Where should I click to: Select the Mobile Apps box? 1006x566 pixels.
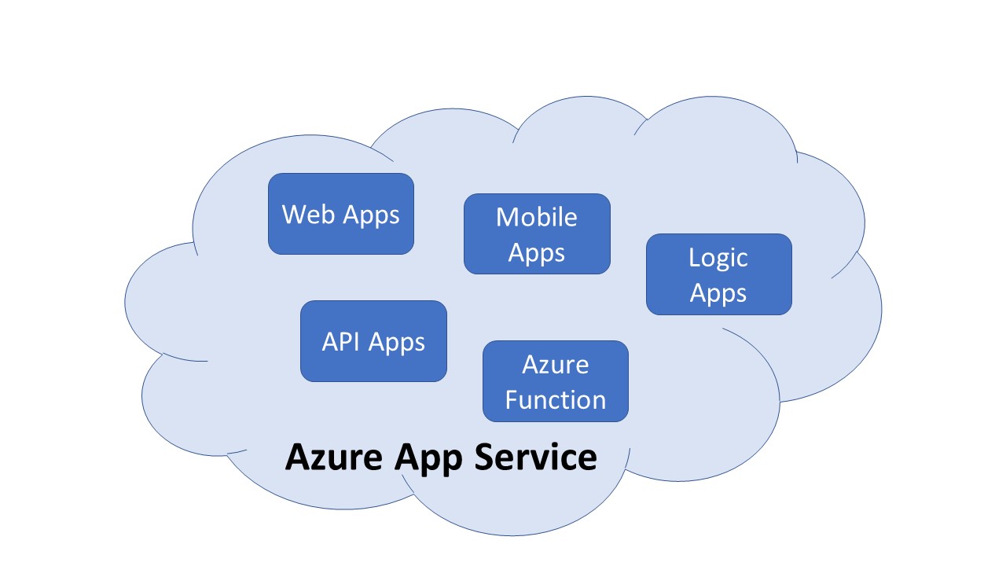(537, 233)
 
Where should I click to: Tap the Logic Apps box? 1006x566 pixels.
(718, 274)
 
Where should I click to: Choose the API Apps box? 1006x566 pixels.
(373, 341)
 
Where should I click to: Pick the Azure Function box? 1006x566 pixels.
(555, 381)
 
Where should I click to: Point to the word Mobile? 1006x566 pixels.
(537, 217)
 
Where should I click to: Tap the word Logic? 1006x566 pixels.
(718, 257)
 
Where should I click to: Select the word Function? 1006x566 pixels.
(556, 399)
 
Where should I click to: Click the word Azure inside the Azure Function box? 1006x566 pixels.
(555, 364)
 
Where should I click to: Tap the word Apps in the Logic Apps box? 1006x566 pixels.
(718, 293)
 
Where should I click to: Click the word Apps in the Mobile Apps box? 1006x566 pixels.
(537, 253)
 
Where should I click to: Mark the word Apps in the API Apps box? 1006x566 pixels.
(397, 343)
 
